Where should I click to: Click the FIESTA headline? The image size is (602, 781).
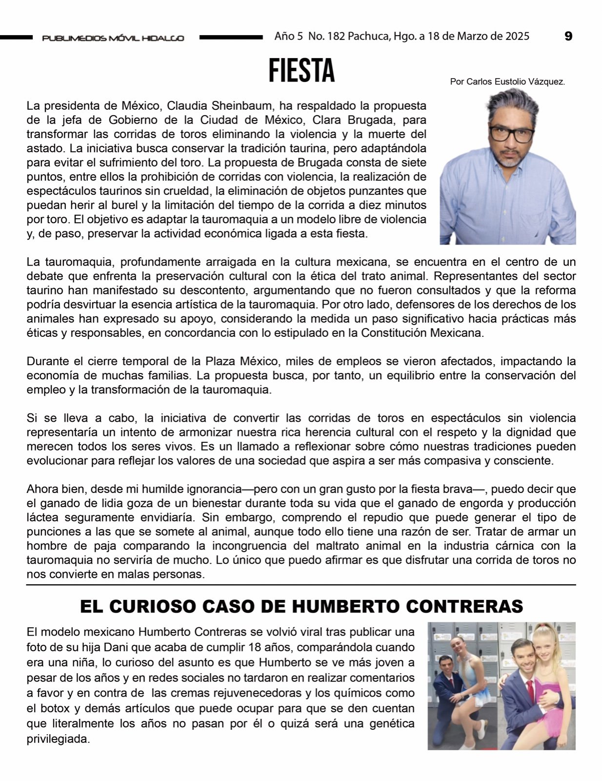click(x=301, y=71)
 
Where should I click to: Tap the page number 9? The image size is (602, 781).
click(x=568, y=36)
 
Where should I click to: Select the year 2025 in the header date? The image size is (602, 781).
click(x=517, y=36)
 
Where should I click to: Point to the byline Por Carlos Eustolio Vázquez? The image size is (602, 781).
click(x=507, y=82)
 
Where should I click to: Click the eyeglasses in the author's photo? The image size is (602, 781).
click(x=510, y=133)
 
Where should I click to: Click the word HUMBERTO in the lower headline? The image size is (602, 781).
click(x=340, y=606)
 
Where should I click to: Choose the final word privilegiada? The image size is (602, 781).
click(x=59, y=739)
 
